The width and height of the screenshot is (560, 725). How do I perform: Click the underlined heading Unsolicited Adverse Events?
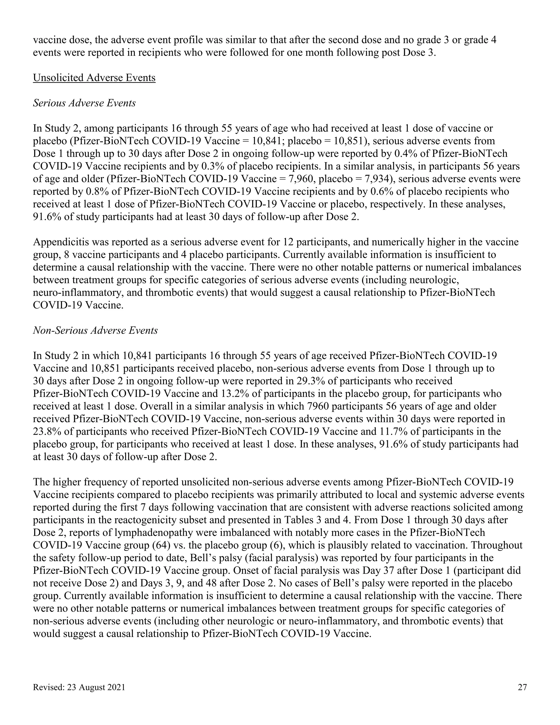(94, 78)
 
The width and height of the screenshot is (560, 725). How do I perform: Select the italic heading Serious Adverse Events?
(84, 103)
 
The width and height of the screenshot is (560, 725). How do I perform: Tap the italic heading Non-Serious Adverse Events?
(95, 331)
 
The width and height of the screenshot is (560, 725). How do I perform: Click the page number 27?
(522, 688)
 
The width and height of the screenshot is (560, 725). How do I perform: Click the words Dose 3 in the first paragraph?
(418, 53)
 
